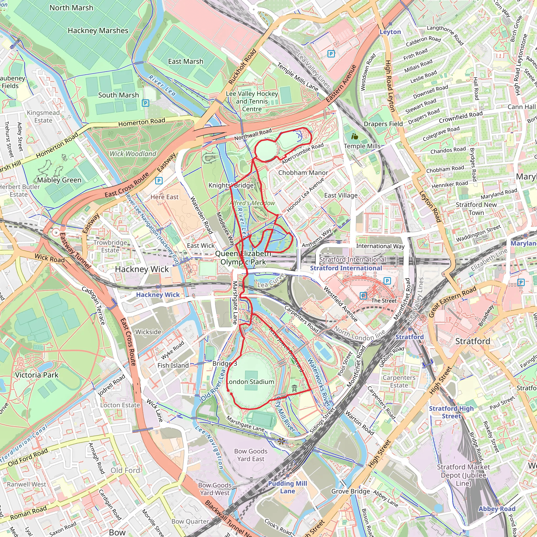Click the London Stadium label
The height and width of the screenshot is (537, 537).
coord(250,382)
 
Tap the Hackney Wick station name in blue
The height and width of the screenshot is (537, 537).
coord(158,295)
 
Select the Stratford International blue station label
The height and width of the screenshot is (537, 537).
coord(346,268)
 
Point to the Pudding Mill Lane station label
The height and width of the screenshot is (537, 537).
coord(287,487)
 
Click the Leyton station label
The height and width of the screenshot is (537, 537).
coord(390,32)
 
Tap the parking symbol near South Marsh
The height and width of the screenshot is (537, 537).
coord(145,103)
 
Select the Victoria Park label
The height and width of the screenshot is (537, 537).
coord(37,375)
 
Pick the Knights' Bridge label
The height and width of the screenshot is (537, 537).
coord(231,185)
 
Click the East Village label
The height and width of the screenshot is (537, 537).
coord(341,195)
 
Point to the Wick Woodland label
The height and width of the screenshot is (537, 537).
coord(133,154)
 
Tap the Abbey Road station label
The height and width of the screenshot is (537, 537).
coord(497,509)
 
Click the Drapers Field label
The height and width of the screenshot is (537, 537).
coord(383,124)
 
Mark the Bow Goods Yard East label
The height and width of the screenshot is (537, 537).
coord(251,455)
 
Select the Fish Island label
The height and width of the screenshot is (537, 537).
coord(173,366)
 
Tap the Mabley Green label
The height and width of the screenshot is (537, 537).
coord(59,180)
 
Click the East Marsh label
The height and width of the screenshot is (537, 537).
coord(186,61)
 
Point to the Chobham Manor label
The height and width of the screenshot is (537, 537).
coord(303,173)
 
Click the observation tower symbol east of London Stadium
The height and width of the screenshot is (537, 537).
coord(294,388)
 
